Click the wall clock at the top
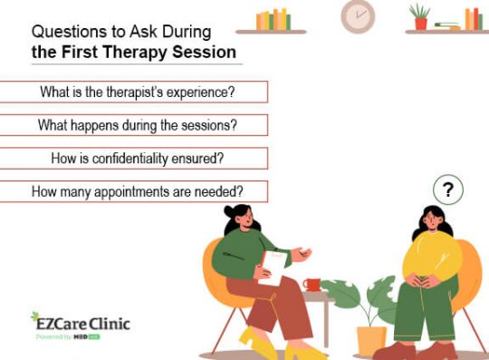357,15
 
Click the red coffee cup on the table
312,285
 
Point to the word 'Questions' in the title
65,30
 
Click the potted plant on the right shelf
419,16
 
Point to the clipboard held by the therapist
273,268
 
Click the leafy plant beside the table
363,298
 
